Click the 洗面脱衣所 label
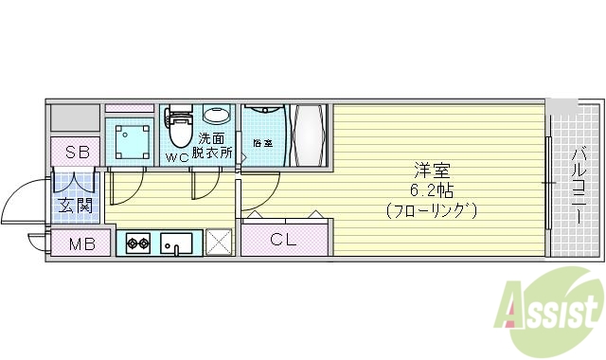point(213,144)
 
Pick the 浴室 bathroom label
point(262,144)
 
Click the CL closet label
point(284,239)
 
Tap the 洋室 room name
point(432,171)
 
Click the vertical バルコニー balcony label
point(578,184)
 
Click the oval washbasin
point(217,116)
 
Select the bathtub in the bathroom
point(311,135)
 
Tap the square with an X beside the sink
point(219,243)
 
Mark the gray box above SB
point(74,118)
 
